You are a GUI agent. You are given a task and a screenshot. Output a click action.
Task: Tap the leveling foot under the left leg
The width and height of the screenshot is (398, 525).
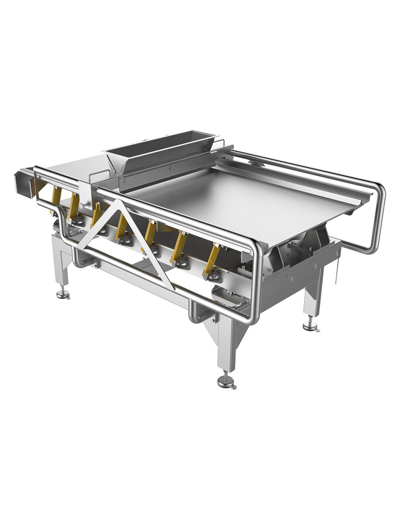pos(61,295)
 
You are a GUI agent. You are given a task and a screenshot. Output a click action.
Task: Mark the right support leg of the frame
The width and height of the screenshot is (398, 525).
pos(310,298)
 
